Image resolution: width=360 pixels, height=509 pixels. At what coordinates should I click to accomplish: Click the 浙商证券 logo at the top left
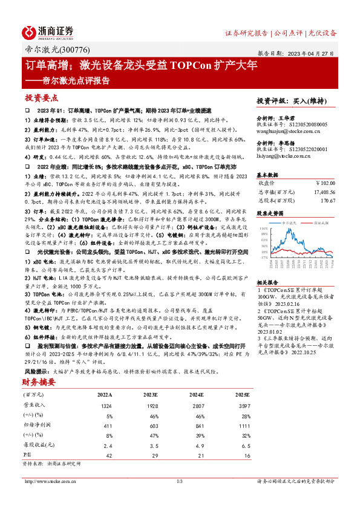pyautogui.click(x=48, y=31)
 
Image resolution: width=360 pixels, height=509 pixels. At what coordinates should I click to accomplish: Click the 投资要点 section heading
pyautogui.click(x=41, y=97)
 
